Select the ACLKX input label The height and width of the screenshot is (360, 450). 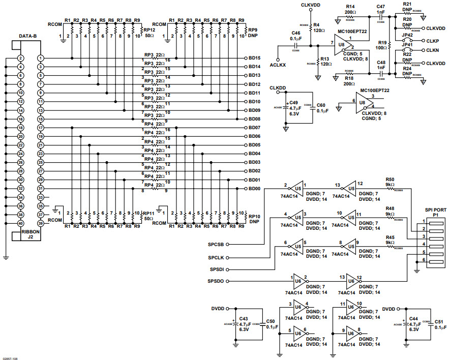278,66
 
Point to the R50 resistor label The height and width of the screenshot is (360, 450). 390,179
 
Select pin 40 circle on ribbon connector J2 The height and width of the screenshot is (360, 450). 20,223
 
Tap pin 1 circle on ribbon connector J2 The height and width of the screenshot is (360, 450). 40,58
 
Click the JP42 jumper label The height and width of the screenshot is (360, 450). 407,35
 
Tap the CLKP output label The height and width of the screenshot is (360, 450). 433,40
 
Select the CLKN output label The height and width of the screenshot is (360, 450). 433,51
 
